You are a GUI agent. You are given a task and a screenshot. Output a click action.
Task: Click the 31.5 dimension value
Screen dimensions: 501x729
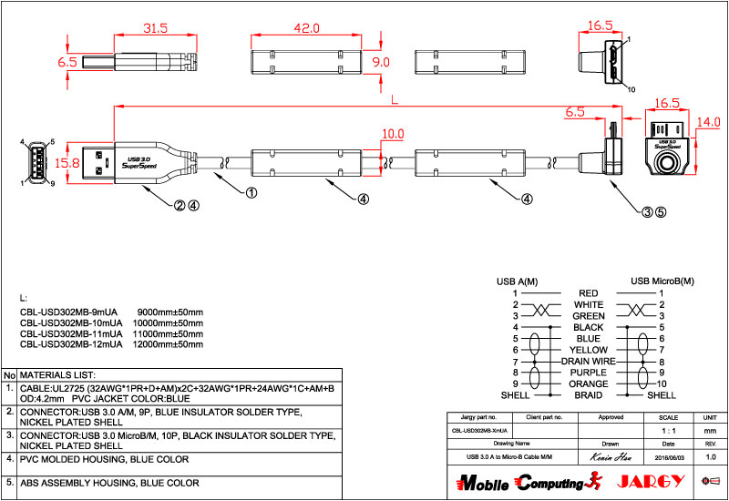coord(157,28)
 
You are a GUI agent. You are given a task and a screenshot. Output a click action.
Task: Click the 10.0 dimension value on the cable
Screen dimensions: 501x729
coord(393,135)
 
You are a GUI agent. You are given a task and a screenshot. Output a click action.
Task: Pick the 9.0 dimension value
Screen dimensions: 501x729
coord(381,62)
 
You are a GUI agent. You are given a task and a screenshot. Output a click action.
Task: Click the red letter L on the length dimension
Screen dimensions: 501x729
coord(393,97)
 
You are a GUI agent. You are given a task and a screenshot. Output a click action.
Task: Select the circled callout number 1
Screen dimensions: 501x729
coord(252,192)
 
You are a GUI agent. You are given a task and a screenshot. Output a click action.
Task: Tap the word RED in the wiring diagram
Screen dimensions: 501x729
coord(588,293)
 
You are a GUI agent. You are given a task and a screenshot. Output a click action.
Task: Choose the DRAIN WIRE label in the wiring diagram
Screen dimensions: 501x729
coord(588,362)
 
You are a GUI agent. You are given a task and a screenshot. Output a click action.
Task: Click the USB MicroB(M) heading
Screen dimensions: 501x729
coord(662,281)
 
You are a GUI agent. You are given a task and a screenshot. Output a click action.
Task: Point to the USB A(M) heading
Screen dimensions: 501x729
coord(517,281)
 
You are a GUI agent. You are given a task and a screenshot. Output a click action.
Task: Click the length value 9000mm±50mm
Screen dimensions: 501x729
coord(169,312)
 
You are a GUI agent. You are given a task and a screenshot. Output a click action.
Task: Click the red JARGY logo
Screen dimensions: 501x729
coord(645,481)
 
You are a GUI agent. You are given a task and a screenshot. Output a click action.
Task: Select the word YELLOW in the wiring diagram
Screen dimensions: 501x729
coord(588,350)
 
